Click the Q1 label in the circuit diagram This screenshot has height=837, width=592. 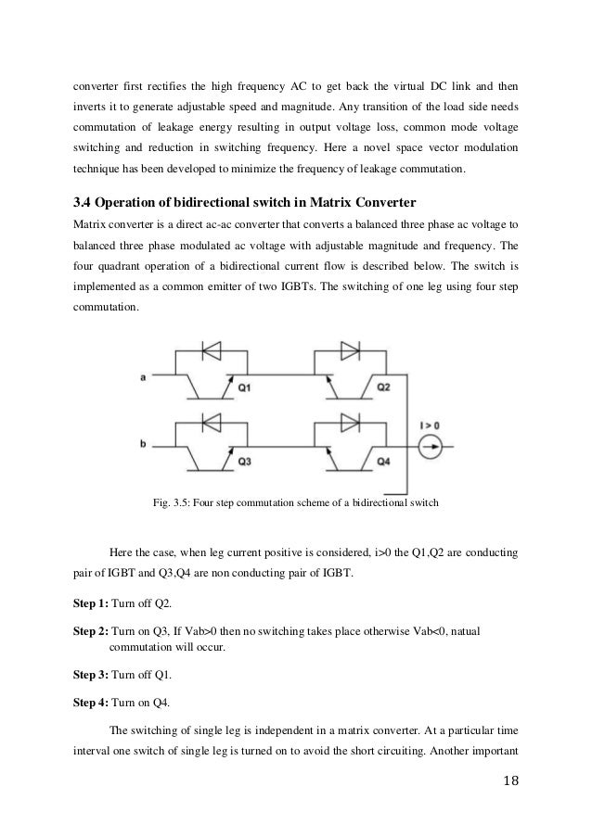click(243, 389)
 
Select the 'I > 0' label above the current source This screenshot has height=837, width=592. click(430, 425)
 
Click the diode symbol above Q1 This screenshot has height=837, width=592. click(211, 351)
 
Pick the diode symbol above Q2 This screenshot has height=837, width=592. click(351, 351)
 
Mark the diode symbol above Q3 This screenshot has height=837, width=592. click(211, 423)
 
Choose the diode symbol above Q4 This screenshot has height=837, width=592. click(351, 423)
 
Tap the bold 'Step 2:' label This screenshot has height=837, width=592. click(90, 629)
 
